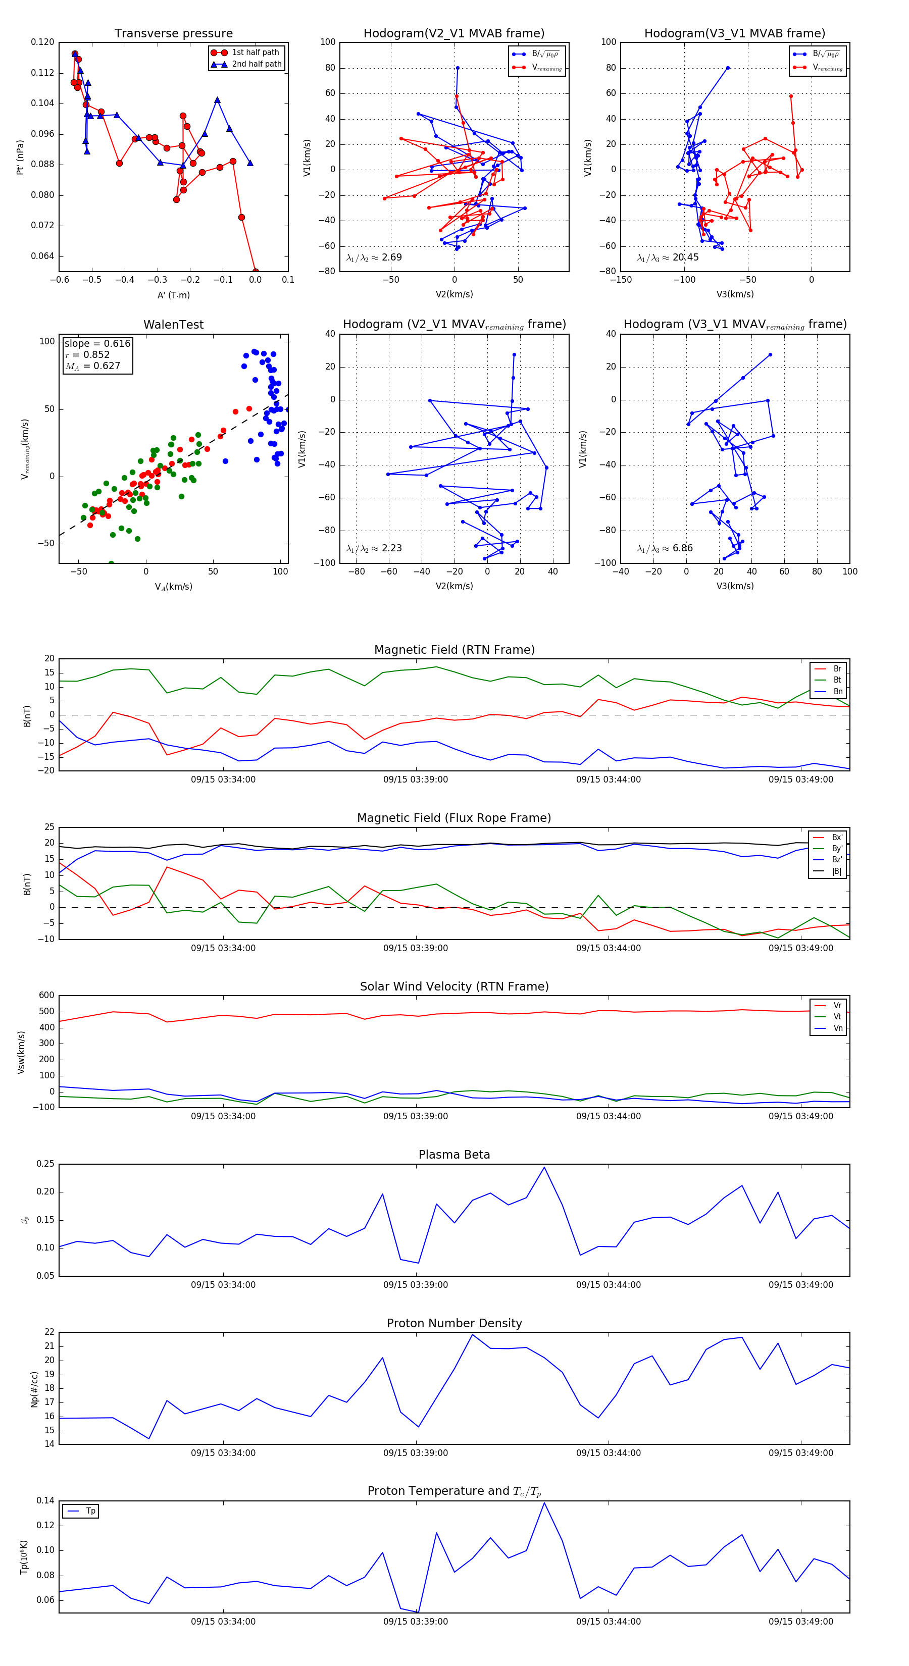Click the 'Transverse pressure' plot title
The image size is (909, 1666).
coord(173,34)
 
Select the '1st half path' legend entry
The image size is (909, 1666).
coord(256,53)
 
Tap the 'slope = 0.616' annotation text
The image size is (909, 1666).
coord(97,343)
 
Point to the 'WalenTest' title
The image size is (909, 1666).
coord(173,325)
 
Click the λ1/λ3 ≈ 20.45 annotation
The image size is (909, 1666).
coord(668,257)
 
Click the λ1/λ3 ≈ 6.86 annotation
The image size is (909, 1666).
coord(665,548)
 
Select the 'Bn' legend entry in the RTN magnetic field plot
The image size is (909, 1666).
coord(837,691)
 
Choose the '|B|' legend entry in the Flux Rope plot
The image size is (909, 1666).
coord(837,871)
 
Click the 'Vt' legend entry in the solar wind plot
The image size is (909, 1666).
coord(837,1017)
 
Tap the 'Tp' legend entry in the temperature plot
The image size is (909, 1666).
coord(90,1511)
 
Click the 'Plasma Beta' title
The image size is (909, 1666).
coord(454,1155)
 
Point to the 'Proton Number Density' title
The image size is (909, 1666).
coord(454,1323)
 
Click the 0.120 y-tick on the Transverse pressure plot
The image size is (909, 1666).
coord(43,42)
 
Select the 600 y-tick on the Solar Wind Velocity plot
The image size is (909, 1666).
coord(46,996)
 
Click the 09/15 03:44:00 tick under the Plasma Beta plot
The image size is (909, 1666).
coord(608,1284)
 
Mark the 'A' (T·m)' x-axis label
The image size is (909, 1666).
coord(173,295)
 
